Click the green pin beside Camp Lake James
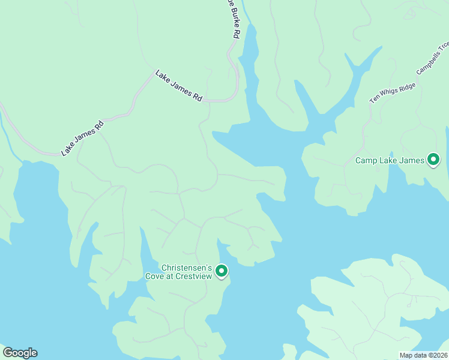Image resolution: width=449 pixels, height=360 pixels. tap(433, 160)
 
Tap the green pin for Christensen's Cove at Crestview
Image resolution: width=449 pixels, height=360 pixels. tap(221, 272)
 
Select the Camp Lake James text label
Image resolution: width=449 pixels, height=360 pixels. tap(390, 160)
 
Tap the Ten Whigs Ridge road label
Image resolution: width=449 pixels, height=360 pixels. tap(393, 94)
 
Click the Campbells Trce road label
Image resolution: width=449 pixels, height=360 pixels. tap(433, 58)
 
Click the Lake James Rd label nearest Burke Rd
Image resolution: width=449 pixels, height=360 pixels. tap(179, 85)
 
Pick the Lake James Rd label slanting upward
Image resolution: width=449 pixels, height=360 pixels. tap(83, 139)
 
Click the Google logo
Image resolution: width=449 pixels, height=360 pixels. tap(20, 353)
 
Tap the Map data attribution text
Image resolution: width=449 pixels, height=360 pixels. tap(424, 355)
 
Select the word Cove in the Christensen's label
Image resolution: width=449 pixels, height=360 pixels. tap(156, 277)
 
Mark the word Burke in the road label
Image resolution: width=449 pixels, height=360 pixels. tap(234, 16)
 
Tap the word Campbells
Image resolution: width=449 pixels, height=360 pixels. tap(429, 62)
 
